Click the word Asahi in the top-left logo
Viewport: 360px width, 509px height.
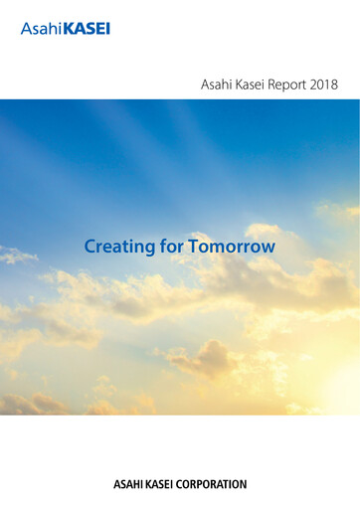point(40,29)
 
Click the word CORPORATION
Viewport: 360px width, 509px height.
point(215,485)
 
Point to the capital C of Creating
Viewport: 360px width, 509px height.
point(90,245)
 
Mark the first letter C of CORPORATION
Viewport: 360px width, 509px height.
point(186,485)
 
